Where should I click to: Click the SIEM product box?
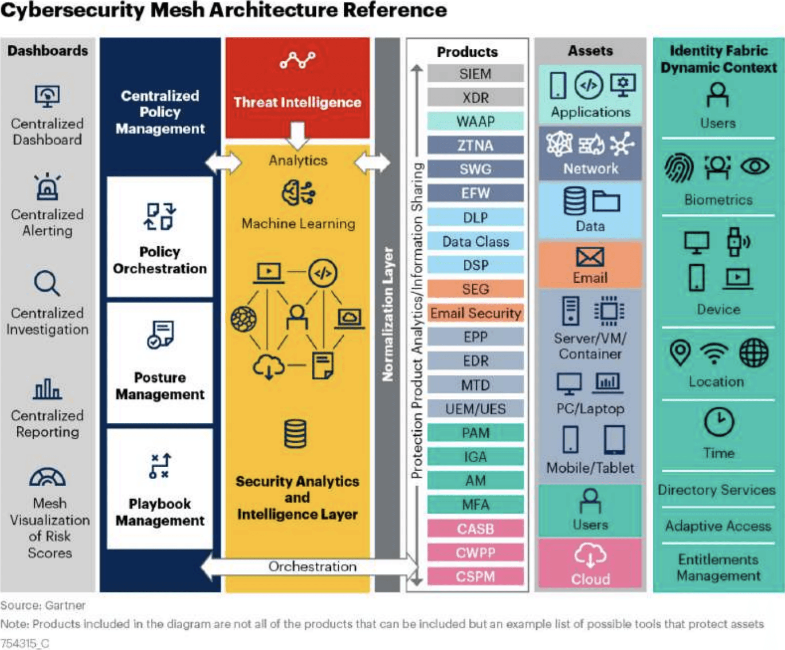click(x=475, y=74)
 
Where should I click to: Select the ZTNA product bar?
click(x=475, y=146)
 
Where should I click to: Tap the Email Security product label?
click(x=475, y=313)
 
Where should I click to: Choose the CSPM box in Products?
click(x=475, y=576)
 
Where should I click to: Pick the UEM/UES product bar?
click(x=475, y=409)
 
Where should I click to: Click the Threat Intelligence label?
click(x=297, y=102)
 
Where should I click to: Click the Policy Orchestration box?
click(x=160, y=237)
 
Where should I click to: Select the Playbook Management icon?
click(x=160, y=466)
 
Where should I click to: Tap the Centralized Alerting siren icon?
click(x=47, y=186)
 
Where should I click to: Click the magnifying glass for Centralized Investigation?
click(x=47, y=283)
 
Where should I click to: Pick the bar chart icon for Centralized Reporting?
click(x=47, y=389)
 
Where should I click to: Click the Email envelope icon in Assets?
click(x=590, y=257)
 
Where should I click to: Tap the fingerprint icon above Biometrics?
click(x=679, y=168)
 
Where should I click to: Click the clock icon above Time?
click(x=718, y=422)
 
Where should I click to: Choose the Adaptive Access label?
click(x=718, y=526)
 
